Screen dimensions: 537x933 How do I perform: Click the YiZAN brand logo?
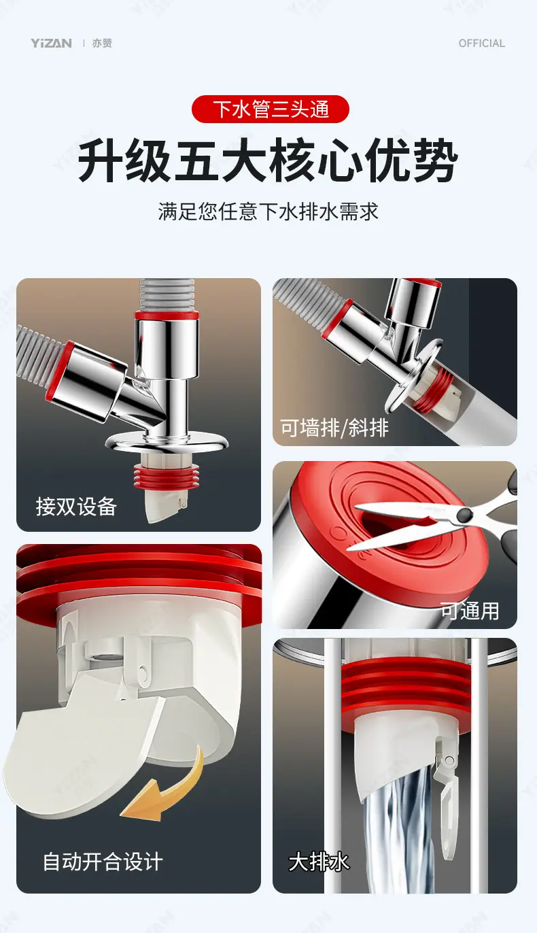(x=51, y=44)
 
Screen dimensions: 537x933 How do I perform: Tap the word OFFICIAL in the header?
(x=482, y=44)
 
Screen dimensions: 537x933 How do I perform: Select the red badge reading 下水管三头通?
(x=270, y=109)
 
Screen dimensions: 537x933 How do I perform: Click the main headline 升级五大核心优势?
(x=268, y=160)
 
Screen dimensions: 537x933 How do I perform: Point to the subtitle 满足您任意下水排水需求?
(x=268, y=211)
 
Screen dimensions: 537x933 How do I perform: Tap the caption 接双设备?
(x=76, y=507)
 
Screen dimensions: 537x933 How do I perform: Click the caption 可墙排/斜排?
(x=334, y=428)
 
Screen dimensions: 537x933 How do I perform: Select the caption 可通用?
(x=470, y=611)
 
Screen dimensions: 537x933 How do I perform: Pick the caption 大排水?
(x=319, y=862)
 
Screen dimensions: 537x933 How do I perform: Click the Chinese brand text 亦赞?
(x=102, y=44)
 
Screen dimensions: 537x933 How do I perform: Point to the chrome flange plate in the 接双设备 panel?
(x=167, y=441)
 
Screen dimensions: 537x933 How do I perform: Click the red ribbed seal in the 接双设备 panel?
(x=166, y=475)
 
